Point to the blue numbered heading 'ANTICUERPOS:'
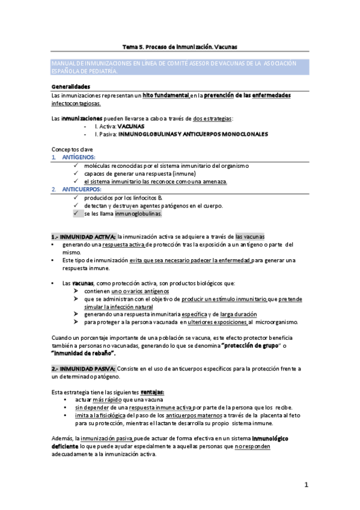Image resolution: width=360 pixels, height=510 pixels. (82, 189)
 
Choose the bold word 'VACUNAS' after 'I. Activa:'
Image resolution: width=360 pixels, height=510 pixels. (131, 127)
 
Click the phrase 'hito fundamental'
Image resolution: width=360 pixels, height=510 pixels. (165, 96)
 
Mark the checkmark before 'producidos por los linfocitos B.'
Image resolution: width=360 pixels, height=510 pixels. (76, 197)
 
